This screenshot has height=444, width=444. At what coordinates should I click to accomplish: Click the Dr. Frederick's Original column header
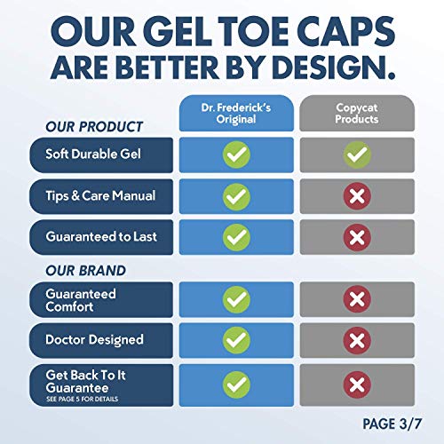point(235,114)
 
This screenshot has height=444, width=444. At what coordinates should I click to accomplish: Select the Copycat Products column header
point(358,114)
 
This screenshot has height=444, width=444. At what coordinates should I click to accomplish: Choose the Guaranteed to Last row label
point(99,237)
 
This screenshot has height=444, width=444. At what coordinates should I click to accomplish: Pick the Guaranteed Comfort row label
point(82,299)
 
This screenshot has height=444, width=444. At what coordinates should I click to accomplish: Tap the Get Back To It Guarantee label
point(87,383)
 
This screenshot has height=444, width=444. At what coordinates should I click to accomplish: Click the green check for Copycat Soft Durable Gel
point(358,154)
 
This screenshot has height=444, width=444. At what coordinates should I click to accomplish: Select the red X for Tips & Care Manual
point(358,195)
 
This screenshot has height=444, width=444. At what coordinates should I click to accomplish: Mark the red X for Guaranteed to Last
point(358,237)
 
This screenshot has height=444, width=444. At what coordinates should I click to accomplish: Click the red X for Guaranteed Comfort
point(358,299)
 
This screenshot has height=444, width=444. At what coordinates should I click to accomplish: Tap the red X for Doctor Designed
point(358,340)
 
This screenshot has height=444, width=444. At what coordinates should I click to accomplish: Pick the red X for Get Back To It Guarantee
point(358,383)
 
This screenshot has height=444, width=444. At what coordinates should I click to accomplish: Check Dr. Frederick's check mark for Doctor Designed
point(235,340)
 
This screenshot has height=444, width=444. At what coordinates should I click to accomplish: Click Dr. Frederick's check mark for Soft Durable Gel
point(235,154)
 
